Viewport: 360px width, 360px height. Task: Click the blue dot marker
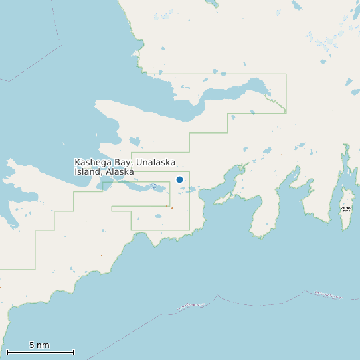pos(179,179)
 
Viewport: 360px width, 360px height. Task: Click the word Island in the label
pos(86,171)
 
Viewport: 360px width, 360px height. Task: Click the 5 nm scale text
pos(39,345)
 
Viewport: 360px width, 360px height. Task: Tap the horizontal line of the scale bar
pos(40,352)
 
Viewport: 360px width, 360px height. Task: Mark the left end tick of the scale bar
pos(7,352)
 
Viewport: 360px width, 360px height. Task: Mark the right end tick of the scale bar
pos(74,352)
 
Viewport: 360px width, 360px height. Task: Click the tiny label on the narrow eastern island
pos(345,209)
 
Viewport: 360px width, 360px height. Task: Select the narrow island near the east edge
pos(345,199)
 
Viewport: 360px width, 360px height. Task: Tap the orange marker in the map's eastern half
pos(281,155)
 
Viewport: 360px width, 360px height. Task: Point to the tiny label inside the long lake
pos(153,185)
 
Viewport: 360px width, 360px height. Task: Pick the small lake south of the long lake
pos(158,215)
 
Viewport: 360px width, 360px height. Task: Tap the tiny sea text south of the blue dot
pos(191,306)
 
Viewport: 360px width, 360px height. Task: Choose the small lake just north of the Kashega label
pos(135,141)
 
